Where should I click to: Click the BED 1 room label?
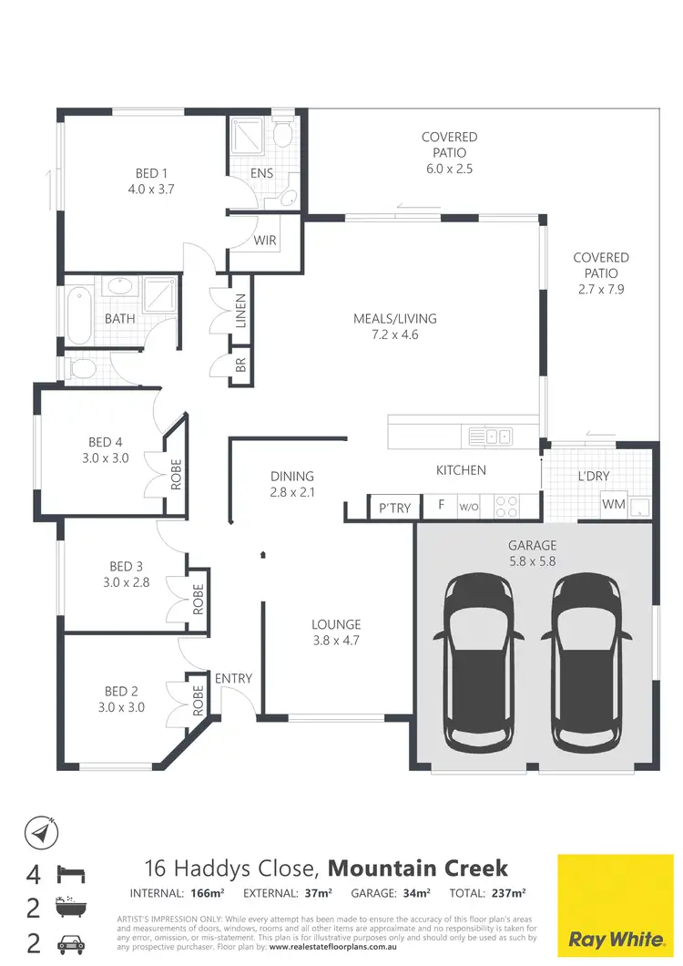(x=151, y=173)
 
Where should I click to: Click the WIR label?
(x=265, y=241)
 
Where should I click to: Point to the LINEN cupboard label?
(x=241, y=312)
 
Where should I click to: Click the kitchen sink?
(x=490, y=437)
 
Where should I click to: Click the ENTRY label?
(x=233, y=678)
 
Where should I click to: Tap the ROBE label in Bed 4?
(x=177, y=474)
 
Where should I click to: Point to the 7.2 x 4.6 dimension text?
(x=395, y=334)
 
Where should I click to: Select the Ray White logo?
(x=615, y=902)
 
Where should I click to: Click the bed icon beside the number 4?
(x=71, y=874)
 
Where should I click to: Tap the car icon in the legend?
(x=71, y=941)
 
